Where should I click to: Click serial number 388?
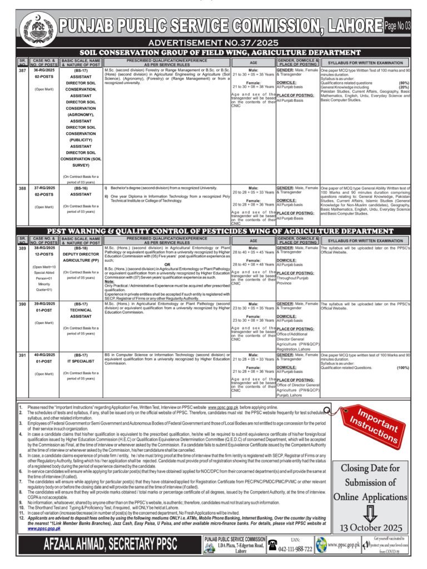[x=23, y=188]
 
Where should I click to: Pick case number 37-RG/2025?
[x=43, y=188]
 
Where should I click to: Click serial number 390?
[x=23, y=305]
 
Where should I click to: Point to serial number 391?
[x=23, y=354]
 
